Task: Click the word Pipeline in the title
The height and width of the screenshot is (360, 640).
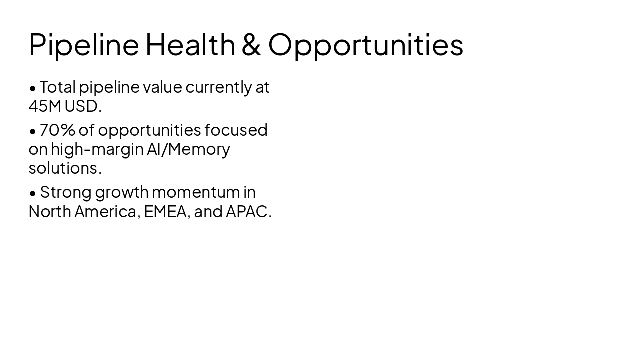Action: [x=84, y=45]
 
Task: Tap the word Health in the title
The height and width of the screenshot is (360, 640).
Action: [x=190, y=44]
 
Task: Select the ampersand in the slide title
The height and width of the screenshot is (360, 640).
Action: [x=251, y=44]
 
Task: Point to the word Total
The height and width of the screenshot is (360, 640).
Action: [x=58, y=87]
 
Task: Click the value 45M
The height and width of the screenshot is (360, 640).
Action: [x=45, y=106]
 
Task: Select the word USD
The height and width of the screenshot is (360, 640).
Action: [x=82, y=106]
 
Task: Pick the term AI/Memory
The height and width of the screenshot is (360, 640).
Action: [x=188, y=149]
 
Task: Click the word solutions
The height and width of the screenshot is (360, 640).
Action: [x=64, y=168]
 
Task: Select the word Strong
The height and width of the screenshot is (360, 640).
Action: [x=66, y=192]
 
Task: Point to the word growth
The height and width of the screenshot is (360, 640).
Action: [x=122, y=193]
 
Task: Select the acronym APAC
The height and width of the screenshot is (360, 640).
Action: [x=248, y=212]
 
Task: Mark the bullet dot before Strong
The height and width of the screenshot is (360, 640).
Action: [x=33, y=193]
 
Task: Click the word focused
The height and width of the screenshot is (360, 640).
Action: [x=236, y=130]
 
